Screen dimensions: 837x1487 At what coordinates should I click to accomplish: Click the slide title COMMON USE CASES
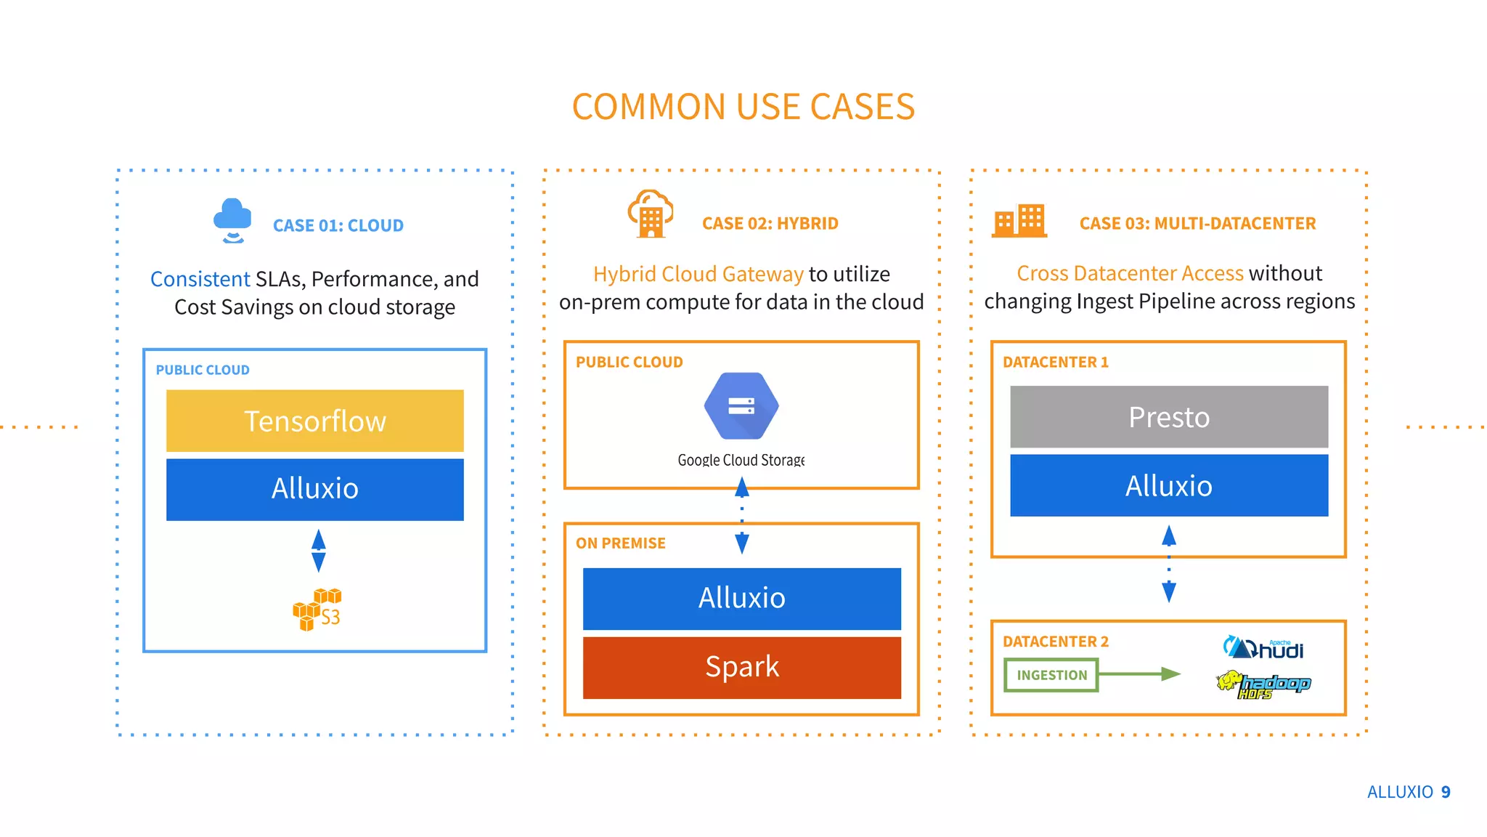coord(743,107)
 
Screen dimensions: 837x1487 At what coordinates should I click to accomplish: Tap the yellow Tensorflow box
coord(314,421)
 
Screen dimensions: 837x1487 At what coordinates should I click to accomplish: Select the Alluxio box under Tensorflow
coord(314,489)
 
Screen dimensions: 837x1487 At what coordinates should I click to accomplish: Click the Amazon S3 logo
coord(317,609)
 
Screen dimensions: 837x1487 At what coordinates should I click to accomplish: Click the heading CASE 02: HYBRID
coord(770,224)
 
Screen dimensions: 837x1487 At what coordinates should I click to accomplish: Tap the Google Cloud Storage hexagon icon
coord(741,406)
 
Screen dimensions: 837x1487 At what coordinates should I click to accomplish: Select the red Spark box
coord(741,667)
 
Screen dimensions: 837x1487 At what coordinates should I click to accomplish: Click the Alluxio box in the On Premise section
coord(741,598)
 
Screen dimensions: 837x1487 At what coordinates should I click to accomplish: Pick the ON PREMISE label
coord(620,543)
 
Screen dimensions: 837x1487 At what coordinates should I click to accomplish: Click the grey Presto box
coord(1168,417)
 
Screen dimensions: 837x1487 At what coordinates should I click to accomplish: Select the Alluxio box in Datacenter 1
coord(1168,485)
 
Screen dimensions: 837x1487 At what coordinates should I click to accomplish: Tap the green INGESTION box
coord(1051,675)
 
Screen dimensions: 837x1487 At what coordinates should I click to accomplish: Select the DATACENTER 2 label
coord(1055,642)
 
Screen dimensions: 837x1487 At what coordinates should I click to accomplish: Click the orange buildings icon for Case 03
coord(1019,221)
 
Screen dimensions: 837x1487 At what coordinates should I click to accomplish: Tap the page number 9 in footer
coord(1446,792)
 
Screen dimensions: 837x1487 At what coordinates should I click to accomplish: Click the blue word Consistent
coord(200,279)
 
